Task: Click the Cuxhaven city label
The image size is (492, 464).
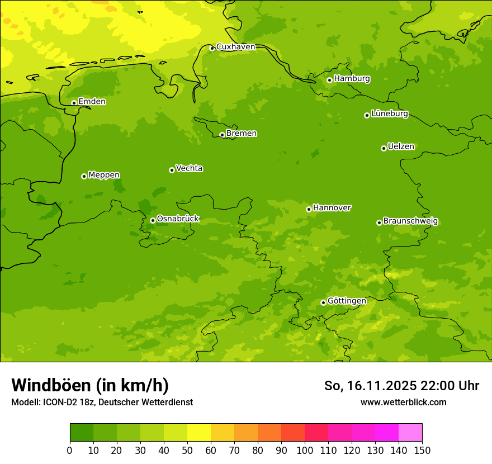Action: [x=235, y=47]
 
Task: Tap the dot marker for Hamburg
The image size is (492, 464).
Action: [x=330, y=80]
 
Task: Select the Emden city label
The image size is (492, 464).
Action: [x=92, y=102]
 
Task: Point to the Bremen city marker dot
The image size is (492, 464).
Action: [x=222, y=135]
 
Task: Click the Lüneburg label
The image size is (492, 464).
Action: [x=390, y=113]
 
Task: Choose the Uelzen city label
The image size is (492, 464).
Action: [x=401, y=146]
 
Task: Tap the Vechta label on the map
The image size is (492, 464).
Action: [x=189, y=168]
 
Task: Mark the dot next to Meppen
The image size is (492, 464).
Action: [x=84, y=176]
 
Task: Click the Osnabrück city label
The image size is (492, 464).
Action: [x=178, y=219]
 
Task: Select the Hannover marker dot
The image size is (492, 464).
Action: [x=309, y=209]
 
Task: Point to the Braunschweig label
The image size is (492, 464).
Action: [x=410, y=221]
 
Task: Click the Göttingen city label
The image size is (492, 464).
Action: [x=347, y=301]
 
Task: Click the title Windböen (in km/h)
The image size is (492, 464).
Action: [x=90, y=385]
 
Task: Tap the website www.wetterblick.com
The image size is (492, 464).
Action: [x=403, y=402]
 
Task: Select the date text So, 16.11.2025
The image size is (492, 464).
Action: [x=370, y=386]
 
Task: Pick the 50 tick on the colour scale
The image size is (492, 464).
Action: [x=187, y=450]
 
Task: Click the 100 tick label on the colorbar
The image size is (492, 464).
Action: [x=305, y=450]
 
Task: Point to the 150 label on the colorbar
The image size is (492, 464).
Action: [x=422, y=450]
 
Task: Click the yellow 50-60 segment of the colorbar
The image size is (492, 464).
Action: [x=199, y=433]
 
